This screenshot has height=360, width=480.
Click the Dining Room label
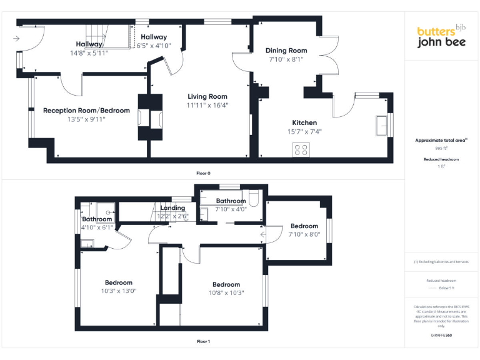tap(286, 51)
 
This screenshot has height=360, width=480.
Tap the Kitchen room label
tap(304, 122)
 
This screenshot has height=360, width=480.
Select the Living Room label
tap(208, 96)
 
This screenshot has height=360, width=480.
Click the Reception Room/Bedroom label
tap(86, 111)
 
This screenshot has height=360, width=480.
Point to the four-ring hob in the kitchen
tap(301, 150)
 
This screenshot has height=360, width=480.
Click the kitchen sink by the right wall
tap(382, 125)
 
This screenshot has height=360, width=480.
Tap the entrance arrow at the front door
tap(15, 39)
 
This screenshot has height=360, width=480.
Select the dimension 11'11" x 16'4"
tap(208, 106)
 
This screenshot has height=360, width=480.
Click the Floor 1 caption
tap(203, 341)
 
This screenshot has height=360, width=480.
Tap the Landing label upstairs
tap(172, 208)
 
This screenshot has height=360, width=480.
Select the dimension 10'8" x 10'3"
tap(226, 293)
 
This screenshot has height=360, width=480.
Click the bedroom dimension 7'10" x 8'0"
tap(304, 234)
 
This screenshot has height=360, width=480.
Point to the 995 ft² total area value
tap(441, 149)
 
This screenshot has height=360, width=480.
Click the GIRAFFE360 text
tap(441, 336)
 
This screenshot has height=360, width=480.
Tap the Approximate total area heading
tap(441, 141)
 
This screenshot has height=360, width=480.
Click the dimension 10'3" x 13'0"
tap(119, 291)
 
